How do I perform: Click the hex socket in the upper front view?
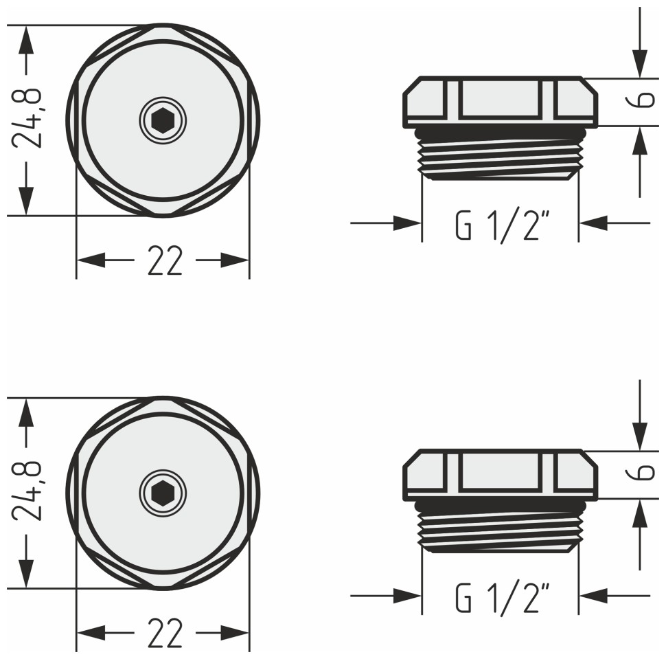tap(163, 121)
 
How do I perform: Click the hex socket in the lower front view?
tap(163, 493)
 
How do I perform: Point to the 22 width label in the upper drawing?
tap(165, 261)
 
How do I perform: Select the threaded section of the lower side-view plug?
tap(500, 527)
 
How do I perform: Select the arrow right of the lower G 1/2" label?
tap(595, 595)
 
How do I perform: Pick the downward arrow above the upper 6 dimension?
tap(640, 65)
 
